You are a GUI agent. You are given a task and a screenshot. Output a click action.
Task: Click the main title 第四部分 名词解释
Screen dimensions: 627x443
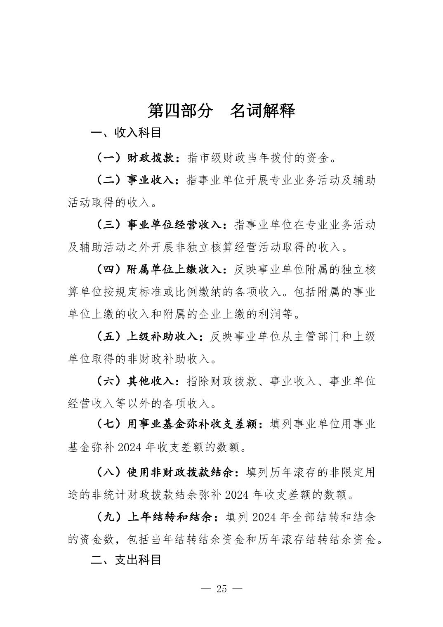click(221, 111)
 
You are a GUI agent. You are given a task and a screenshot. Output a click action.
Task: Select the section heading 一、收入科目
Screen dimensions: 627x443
click(126, 133)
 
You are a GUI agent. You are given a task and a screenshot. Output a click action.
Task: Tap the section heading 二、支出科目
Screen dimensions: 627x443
click(126, 559)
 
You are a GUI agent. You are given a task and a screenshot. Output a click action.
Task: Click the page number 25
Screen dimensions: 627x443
click(221, 589)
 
